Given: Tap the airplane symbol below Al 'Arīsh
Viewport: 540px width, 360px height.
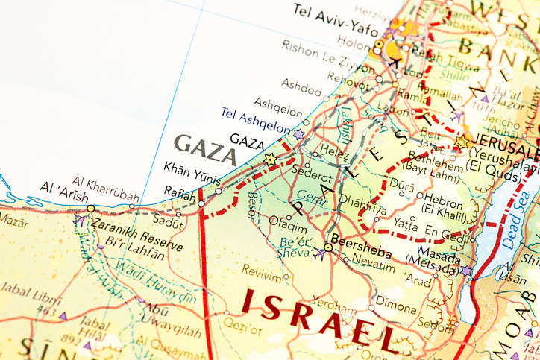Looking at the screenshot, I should tap(78, 221).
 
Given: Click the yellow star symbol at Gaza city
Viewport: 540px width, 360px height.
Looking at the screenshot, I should tap(269, 159).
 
